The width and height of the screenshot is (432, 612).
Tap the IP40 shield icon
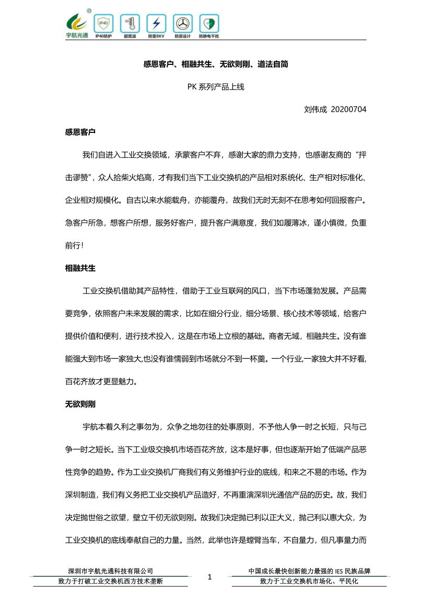click(103, 23)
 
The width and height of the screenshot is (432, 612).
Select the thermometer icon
click(130, 23)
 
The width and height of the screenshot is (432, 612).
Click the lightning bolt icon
click(156, 23)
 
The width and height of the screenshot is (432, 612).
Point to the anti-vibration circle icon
click(182, 23)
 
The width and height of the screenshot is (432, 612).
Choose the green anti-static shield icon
click(209, 23)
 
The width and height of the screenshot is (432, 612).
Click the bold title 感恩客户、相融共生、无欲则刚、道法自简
click(216, 64)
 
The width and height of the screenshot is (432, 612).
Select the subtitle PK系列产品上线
click(216, 87)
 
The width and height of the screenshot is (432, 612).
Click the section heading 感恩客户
click(80, 132)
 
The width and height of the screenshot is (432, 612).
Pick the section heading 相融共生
click(80, 268)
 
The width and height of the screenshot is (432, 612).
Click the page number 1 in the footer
click(210, 577)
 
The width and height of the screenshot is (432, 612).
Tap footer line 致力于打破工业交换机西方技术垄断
click(110, 581)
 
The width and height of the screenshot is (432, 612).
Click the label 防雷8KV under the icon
click(156, 37)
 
